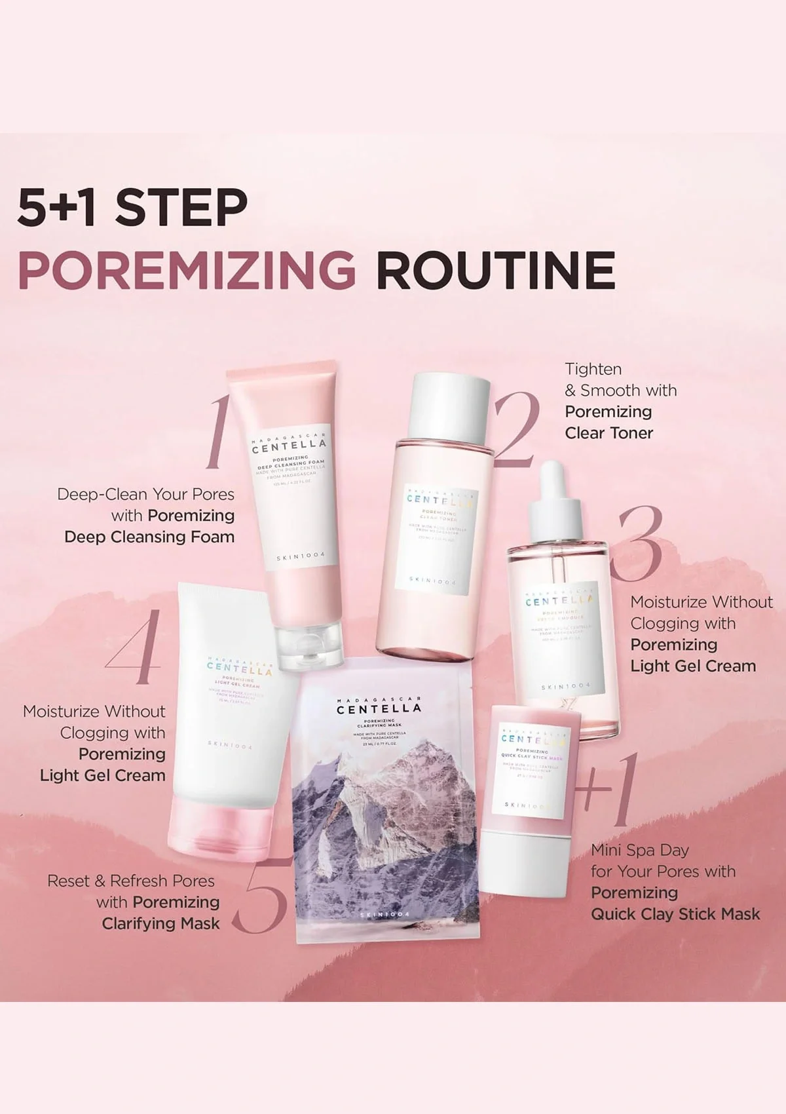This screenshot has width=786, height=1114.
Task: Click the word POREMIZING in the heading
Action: tap(187, 270)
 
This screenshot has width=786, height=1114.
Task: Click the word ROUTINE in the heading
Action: tap(496, 270)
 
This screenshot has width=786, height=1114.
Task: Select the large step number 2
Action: tap(517, 429)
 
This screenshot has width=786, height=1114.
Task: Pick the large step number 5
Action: tap(261, 894)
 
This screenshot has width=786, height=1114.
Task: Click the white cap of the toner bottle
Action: tap(452, 406)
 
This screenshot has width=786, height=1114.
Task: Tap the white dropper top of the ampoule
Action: tap(555, 505)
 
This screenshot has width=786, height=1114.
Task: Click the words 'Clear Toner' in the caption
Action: tap(608, 433)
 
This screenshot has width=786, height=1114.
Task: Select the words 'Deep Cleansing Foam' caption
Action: tap(149, 537)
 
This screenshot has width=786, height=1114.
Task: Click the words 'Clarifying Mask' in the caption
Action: tap(160, 923)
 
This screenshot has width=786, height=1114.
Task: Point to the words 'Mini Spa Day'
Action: tap(640, 850)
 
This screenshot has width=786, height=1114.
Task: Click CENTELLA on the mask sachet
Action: tap(379, 708)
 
